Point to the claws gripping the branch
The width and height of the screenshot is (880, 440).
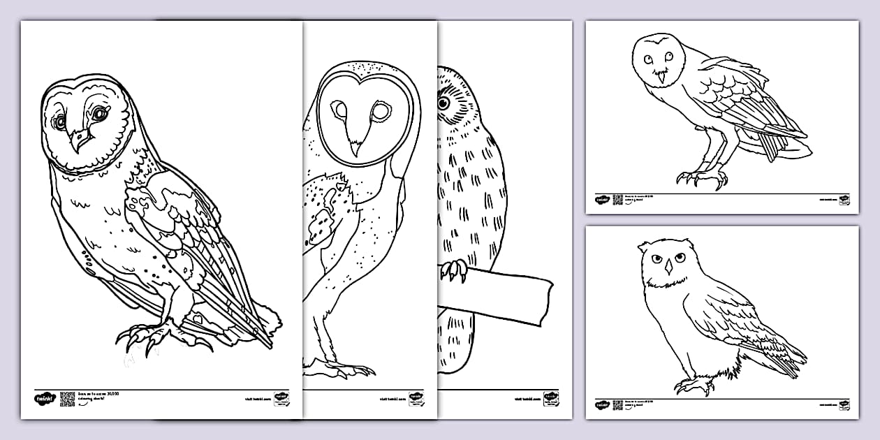[454, 270]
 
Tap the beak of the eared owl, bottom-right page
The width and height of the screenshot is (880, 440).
[666, 268]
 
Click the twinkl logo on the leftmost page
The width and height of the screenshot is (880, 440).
[44, 399]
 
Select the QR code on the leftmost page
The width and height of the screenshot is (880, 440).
[67, 399]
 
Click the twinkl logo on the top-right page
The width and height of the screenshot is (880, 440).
[602, 200]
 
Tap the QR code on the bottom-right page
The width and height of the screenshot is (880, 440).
[617, 404]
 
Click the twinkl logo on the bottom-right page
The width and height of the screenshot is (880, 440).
[602, 405]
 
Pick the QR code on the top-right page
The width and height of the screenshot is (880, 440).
[617, 200]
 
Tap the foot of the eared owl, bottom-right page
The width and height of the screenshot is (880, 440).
[691, 385]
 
